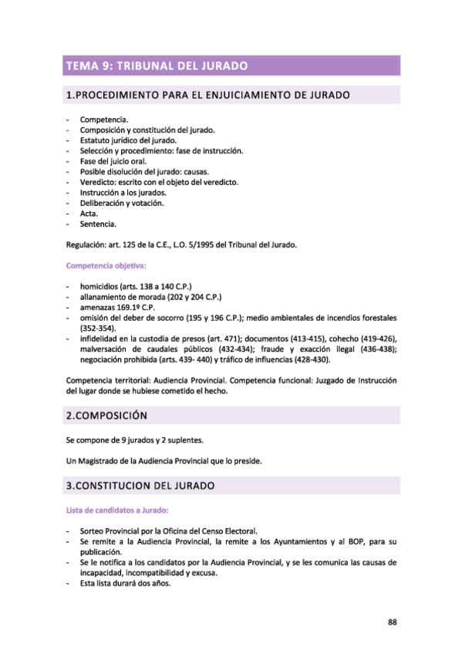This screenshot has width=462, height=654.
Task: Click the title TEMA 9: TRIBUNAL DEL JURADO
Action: point(157,66)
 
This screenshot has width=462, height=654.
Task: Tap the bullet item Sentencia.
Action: point(98,224)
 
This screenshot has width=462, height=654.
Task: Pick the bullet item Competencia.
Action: point(104,121)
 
